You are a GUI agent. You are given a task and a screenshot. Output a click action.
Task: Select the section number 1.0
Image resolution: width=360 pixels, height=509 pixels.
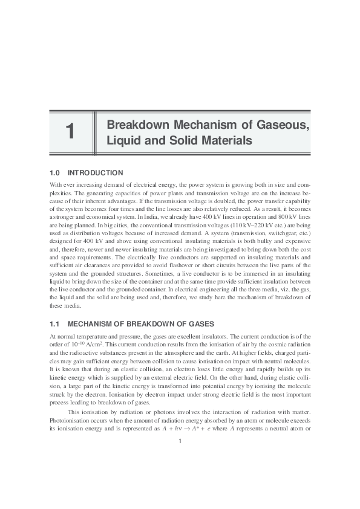point(55,173)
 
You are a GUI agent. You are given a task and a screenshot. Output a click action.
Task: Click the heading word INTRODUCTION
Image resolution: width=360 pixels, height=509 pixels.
point(96,173)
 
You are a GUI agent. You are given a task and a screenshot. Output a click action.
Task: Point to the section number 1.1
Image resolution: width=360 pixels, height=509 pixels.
point(55,324)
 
